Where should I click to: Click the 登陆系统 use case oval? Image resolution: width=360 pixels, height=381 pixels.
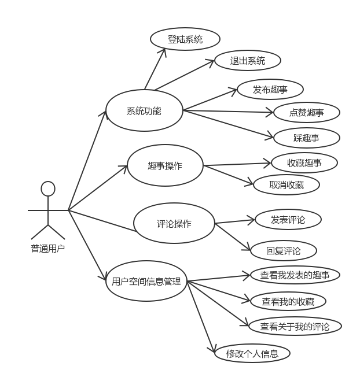pyautogui.click(x=185, y=39)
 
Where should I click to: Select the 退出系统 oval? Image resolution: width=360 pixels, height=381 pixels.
pyautogui.click(x=248, y=61)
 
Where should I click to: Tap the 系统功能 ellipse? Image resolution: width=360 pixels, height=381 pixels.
pyautogui.click(x=144, y=110)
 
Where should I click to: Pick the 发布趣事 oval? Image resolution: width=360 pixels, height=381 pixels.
pyautogui.click(x=270, y=90)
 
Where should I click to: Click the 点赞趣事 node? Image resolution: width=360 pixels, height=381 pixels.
pyautogui.click(x=306, y=112)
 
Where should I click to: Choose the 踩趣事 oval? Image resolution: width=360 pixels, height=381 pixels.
pyautogui.click(x=306, y=138)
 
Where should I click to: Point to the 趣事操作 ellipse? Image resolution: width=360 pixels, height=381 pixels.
pyautogui.click(x=165, y=165)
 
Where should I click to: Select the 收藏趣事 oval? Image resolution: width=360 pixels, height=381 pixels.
pyautogui.click(x=304, y=163)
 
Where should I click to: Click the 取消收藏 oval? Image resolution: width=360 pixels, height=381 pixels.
pyautogui.click(x=286, y=185)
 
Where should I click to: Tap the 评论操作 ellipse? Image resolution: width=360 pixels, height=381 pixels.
pyautogui.click(x=174, y=223)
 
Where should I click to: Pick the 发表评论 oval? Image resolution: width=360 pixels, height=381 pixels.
pyautogui.click(x=288, y=220)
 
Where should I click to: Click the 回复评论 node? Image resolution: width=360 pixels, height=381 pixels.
pyautogui.click(x=284, y=251)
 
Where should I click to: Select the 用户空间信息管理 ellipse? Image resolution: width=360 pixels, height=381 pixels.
pyautogui.click(x=146, y=282)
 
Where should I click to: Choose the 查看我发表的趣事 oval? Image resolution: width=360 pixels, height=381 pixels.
pyautogui.click(x=295, y=275)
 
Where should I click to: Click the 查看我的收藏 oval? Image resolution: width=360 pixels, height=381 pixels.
pyautogui.click(x=288, y=301)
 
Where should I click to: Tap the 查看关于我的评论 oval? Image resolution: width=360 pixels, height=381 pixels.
pyautogui.click(x=295, y=327)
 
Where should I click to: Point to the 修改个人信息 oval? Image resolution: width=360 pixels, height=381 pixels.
pyautogui.click(x=252, y=353)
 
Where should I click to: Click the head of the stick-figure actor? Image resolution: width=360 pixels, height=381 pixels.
pyautogui.click(x=48, y=188)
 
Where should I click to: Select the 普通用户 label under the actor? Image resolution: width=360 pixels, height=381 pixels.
pyautogui.click(x=48, y=249)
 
